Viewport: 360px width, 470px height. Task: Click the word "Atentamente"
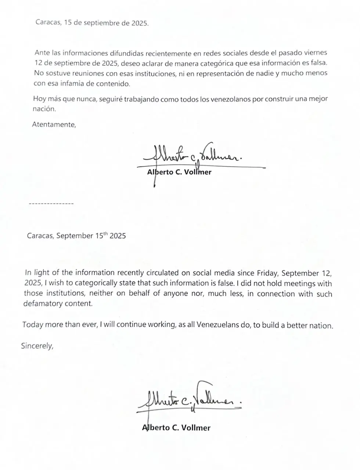point(54,124)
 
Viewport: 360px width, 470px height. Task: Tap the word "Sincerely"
point(37,346)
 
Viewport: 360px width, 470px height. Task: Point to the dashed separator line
point(51,203)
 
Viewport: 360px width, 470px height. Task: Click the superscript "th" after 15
point(105,233)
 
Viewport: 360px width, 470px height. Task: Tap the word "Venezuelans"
point(218,325)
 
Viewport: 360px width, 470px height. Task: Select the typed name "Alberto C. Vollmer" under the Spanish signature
point(179,172)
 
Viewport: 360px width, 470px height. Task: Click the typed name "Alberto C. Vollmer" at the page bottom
point(176,427)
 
